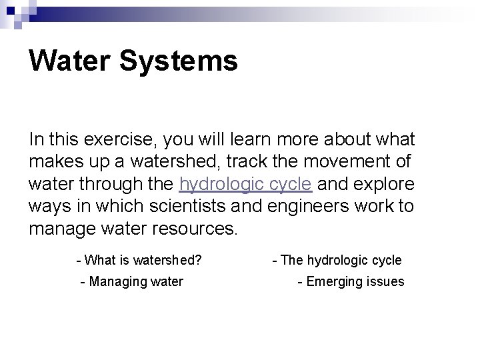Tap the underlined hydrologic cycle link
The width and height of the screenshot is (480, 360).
[x=245, y=184]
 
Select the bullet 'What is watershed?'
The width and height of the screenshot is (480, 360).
[x=139, y=260]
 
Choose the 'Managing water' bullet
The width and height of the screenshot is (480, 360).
[x=131, y=281]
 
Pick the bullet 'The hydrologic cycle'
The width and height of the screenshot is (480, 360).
[x=337, y=260]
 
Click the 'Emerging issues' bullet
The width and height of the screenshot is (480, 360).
[x=351, y=281]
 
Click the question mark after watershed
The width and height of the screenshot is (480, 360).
[x=199, y=260]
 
